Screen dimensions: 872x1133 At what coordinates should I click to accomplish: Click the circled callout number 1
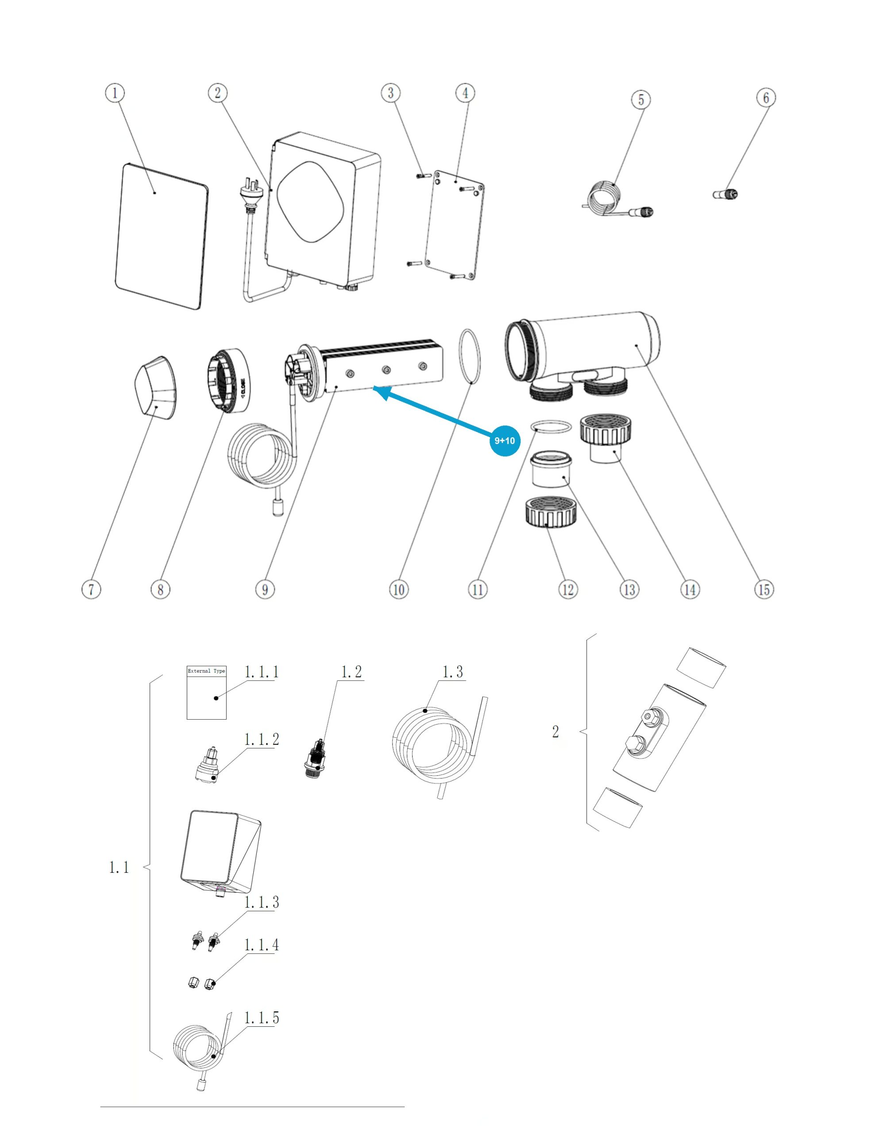click(115, 93)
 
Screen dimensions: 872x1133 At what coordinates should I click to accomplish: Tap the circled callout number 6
click(766, 97)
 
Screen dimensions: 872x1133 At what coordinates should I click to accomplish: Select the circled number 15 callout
click(764, 590)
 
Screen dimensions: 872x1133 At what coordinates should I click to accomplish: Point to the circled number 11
click(478, 590)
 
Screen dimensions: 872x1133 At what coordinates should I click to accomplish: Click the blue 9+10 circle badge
click(504, 440)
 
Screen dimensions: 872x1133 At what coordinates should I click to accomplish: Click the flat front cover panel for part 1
click(161, 237)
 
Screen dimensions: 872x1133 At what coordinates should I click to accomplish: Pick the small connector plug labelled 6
click(725, 195)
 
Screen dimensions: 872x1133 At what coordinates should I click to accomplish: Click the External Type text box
click(206, 693)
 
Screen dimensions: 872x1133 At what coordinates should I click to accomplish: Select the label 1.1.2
click(262, 739)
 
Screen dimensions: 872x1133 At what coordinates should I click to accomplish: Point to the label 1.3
click(452, 672)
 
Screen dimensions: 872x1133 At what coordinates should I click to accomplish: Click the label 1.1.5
click(262, 1018)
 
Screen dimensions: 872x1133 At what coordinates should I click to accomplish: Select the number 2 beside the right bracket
click(556, 732)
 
